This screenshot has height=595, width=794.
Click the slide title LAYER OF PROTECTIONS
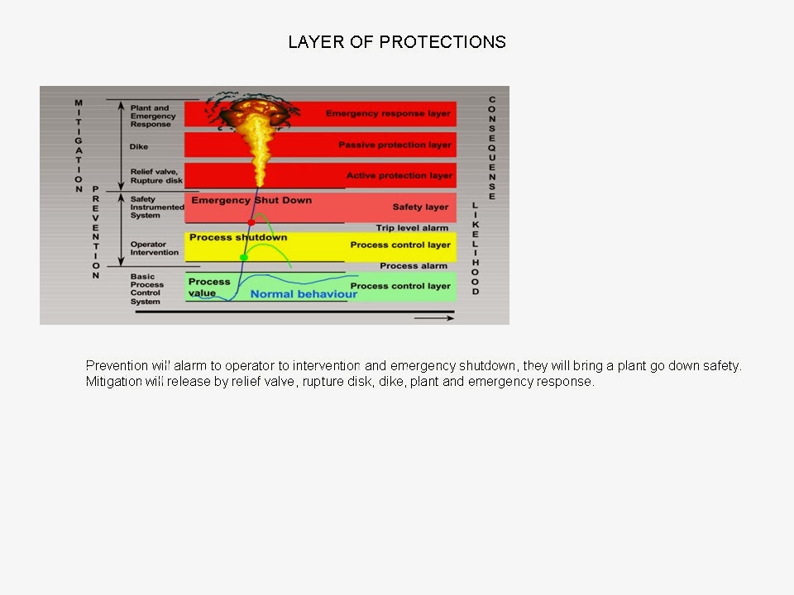[x=397, y=42]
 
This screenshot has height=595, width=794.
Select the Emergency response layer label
[x=388, y=113]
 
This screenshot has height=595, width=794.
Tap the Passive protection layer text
[x=395, y=145]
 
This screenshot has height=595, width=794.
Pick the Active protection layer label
[x=399, y=175]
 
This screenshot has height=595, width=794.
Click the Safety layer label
[x=420, y=207]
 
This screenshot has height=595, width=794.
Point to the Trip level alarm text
[x=412, y=227]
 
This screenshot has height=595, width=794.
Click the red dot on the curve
[x=251, y=222]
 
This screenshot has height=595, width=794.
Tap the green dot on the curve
[x=243, y=258]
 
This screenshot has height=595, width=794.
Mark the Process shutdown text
[x=238, y=237]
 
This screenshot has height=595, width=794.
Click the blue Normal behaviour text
[x=304, y=294]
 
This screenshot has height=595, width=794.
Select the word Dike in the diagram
[x=139, y=147]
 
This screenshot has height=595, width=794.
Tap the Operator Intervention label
[x=154, y=248]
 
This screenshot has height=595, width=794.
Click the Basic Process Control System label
[x=148, y=289]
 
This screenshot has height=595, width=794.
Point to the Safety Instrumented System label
[x=156, y=207]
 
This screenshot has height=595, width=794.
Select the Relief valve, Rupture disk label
[x=156, y=176]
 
